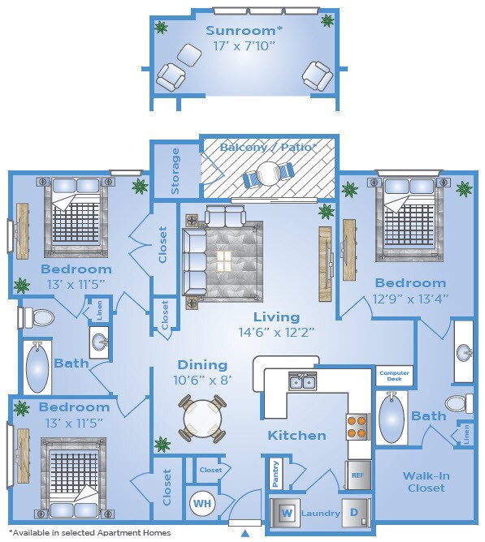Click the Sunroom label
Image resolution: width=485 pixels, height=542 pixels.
pyautogui.click(x=244, y=30)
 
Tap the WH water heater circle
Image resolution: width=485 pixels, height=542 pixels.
pyautogui.click(x=202, y=503)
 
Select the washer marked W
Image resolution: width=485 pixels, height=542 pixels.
pyautogui.click(x=286, y=513)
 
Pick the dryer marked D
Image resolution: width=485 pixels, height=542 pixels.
pyautogui.click(x=354, y=512)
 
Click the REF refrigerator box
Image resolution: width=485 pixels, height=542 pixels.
pyautogui.click(x=358, y=475)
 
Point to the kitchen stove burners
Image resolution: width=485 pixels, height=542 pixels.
pyautogui.click(x=357, y=427)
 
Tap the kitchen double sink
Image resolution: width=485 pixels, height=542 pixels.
pyautogui.click(x=302, y=381)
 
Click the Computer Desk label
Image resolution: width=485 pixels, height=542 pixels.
pyautogui.click(x=394, y=376)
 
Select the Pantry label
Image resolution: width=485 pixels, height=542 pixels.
pyautogui.click(x=275, y=474)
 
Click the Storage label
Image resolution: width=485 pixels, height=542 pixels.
pyautogui.click(x=175, y=170)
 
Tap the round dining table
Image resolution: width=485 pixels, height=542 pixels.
pyautogui.click(x=202, y=419)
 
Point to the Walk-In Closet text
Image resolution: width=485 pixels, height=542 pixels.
pyautogui.click(x=427, y=482)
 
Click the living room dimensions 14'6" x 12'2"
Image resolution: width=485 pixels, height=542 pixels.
pyautogui.click(x=276, y=333)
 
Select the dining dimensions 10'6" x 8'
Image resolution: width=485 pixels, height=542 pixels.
pyautogui.click(x=202, y=381)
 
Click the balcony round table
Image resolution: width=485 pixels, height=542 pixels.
pyautogui.click(x=268, y=174)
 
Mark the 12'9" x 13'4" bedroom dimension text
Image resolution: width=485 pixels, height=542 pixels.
pyautogui.click(x=410, y=299)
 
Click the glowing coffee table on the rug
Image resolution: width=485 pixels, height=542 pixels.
pyautogui.click(x=224, y=260)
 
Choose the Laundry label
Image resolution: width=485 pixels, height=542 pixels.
pyautogui.click(x=321, y=514)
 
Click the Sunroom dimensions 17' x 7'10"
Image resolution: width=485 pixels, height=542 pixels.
pyautogui.click(x=244, y=45)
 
